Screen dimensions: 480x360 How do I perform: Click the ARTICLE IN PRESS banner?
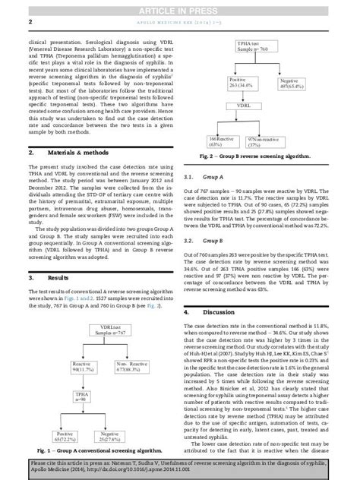click(x=179, y=7)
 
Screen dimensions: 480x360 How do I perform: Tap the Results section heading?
click(x=47, y=279)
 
